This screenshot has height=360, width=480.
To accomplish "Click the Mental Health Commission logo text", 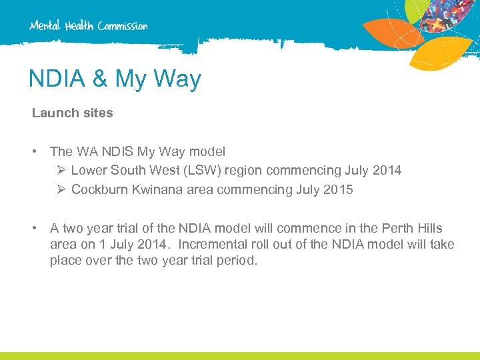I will [x=89, y=26].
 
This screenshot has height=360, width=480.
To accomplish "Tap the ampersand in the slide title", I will [x=99, y=79].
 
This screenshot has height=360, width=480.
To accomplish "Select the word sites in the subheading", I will [x=98, y=113].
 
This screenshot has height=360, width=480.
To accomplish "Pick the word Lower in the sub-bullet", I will [x=88, y=171].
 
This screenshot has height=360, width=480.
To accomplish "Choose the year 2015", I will [x=339, y=190].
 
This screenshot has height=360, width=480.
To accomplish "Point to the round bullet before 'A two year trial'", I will [x=33, y=229].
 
